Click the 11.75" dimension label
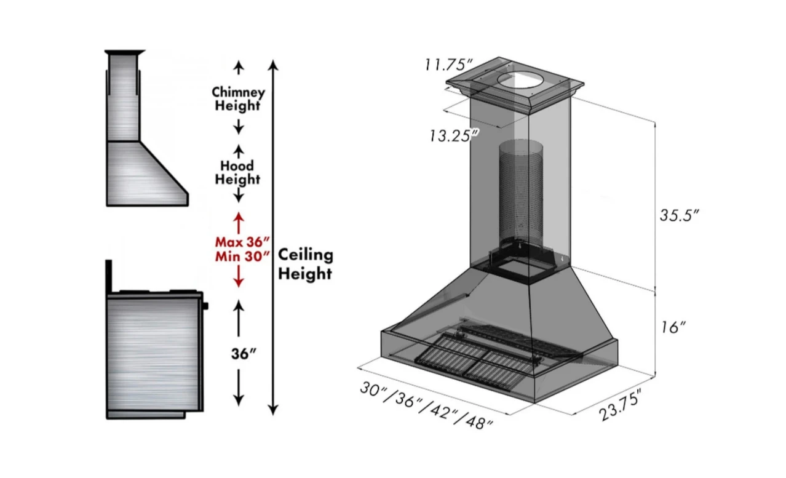[x=448, y=65]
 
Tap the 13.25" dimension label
[x=454, y=136]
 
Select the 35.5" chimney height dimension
[x=678, y=215]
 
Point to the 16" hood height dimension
[x=673, y=328]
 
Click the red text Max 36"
[x=242, y=242]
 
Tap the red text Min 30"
[x=242, y=257]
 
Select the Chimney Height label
[x=239, y=99]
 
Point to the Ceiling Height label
[x=305, y=264]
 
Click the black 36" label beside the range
[x=244, y=354]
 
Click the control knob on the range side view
[x=205, y=305]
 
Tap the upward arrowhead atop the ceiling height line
[x=274, y=64]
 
